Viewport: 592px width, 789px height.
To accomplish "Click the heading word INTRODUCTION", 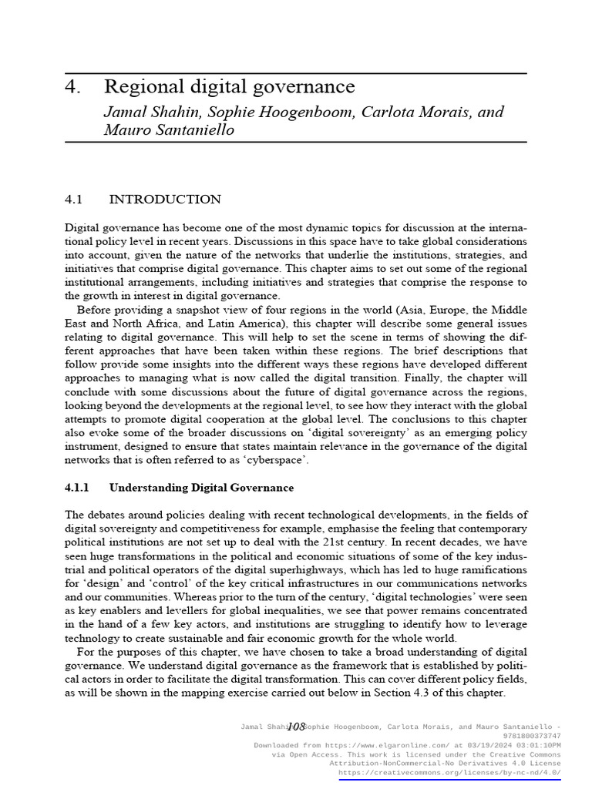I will [x=165, y=200].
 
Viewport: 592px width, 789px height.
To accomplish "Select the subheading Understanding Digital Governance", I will [x=201, y=488].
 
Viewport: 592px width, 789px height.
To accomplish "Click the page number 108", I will [x=296, y=727].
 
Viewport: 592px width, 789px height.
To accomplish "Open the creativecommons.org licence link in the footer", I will [x=449, y=772].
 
